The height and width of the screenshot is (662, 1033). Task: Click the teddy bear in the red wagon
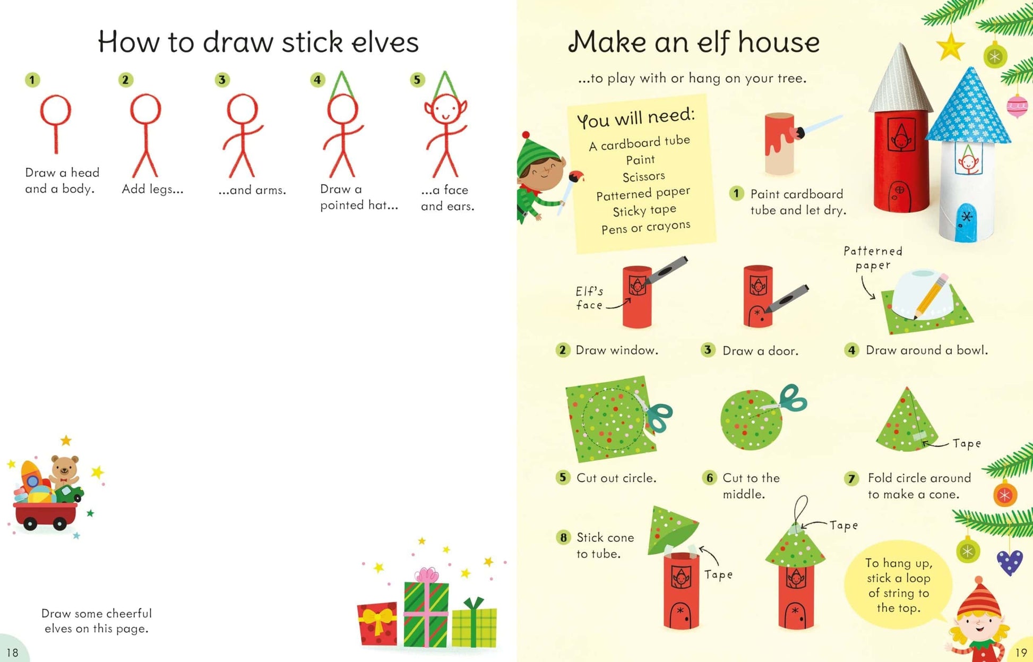pyautogui.click(x=64, y=470)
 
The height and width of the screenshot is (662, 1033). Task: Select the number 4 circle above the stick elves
pyautogui.click(x=317, y=80)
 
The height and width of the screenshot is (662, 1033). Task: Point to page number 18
pyautogui.click(x=12, y=652)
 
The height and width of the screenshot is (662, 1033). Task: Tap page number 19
pyautogui.click(x=1021, y=652)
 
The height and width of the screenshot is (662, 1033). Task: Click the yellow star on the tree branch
pyautogui.click(x=950, y=46)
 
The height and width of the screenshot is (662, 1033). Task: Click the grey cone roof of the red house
pyautogui.click(x=901, y=80)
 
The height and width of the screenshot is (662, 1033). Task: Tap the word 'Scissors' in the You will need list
pyautogui.click(x=643, y=176)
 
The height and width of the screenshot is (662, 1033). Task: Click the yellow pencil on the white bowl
pyautogui.click(x=930, y=296)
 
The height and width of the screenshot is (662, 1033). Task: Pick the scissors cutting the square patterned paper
pyautogui.click(x=657, y=414)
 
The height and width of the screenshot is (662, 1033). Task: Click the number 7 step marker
pyautogui.click(x=851, y=478)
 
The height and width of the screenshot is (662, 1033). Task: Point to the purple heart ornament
pyautogui.click(x=1009, y=562)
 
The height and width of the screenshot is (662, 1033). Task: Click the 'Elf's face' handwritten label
pyautogui.click(x=589, y=298)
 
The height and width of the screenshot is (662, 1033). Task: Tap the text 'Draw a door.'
pyautogui.click(x=760, y=351)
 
